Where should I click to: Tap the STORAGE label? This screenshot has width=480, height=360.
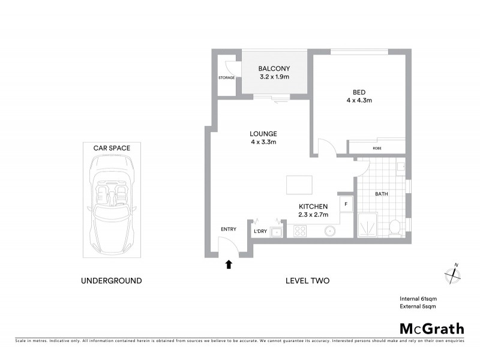[227, 77]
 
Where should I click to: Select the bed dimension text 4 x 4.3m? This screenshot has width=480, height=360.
[359, 100]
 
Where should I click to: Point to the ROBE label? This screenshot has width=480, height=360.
[377, 148]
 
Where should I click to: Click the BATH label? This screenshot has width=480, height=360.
[382, 194]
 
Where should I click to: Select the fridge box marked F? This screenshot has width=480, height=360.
[346, 204]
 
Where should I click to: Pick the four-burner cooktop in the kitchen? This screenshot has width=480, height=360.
[299, 230]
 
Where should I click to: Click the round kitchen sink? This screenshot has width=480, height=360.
[329, 230]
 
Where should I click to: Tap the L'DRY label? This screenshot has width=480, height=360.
[260, 231]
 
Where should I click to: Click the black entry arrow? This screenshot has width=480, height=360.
[229, 263]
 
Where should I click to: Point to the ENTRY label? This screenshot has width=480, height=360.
[229, 229]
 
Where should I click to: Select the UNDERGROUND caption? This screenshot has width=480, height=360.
[112, 280]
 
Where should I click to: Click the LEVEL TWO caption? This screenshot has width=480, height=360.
[307, 280]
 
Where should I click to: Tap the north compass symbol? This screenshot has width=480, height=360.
[452, 274]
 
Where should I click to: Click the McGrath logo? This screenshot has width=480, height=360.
[432, 328]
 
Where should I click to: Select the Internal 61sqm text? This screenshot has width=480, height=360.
[418, 298]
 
